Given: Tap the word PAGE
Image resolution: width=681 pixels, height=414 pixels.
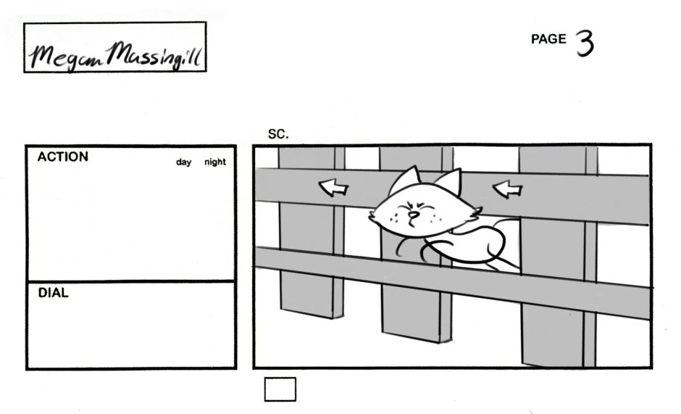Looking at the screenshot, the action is tap(548, 40).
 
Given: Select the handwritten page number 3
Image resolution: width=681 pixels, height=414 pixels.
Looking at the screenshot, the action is tap(585, 44).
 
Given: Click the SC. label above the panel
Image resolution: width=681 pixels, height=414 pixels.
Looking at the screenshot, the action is tap(278, 134).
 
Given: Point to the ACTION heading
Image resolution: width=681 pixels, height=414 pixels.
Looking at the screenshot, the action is tap(63, 157).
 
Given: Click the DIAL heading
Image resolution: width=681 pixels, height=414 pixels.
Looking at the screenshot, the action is tap(53, 294).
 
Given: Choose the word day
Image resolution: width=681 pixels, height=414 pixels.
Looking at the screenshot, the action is tap(183, 162).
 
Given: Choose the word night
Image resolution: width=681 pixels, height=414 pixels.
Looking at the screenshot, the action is tap(214, 162).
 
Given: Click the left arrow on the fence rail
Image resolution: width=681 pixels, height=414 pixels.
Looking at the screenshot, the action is tap(334, 189).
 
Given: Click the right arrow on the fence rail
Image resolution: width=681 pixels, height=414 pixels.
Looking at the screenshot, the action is tap(507, 189).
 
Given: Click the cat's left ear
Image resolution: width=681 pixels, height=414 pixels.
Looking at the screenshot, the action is tap(409, 180).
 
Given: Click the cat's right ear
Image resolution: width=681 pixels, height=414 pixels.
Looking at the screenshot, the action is tap(449, 182).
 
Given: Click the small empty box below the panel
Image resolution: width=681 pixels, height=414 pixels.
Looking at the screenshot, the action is tap(280, 389).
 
